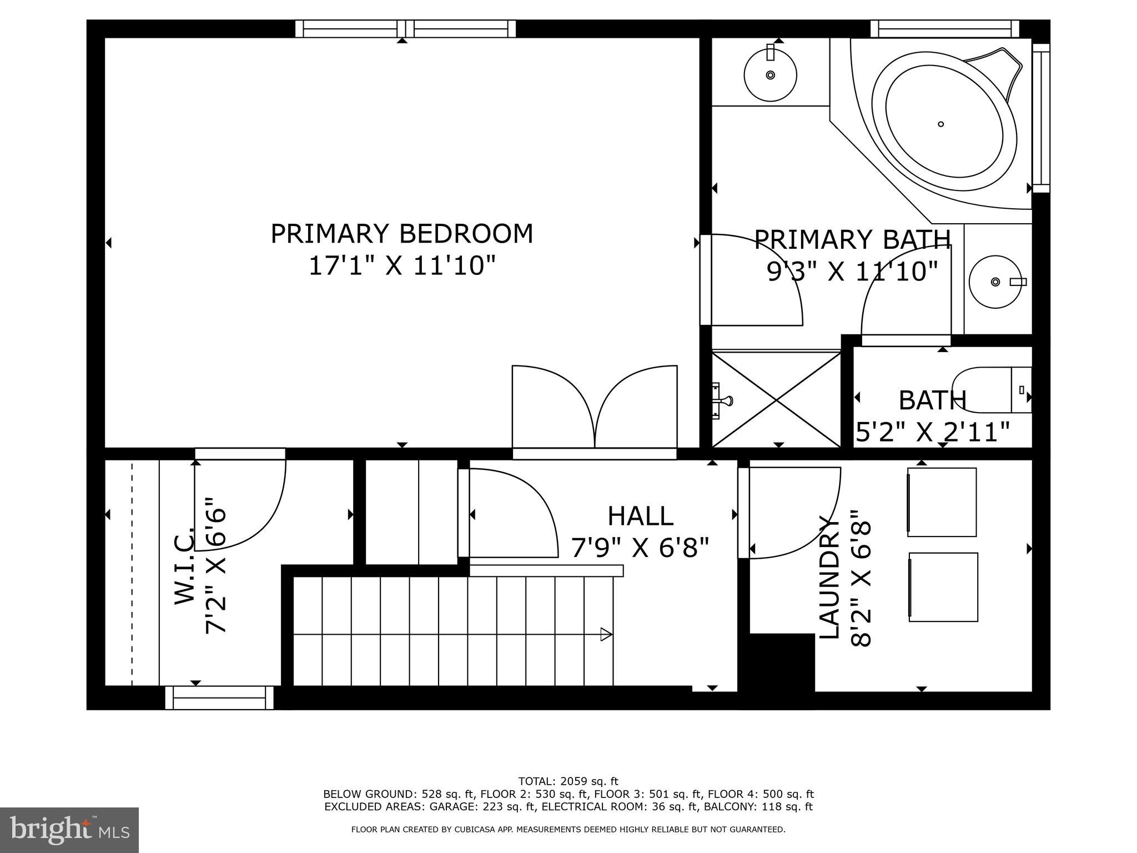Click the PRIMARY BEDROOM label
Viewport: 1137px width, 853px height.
click(401, 234)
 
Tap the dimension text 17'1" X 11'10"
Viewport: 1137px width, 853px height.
click(401, 266)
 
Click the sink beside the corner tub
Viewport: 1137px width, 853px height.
click(770, 75)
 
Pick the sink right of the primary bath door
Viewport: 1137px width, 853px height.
click(995, 282)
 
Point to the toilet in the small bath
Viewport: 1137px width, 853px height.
click(991, 390)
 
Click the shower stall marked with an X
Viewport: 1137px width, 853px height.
click(776, 399)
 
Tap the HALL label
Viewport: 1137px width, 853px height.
click(640, 516)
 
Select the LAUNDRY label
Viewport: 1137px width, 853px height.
click(829, 578)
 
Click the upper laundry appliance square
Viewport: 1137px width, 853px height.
click(942, 502)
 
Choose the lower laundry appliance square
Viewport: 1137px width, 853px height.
click(943, 587)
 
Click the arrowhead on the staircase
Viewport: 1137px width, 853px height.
click(606, 634)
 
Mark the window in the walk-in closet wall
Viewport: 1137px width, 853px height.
click(219, 698)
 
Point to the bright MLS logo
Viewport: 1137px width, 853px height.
click(69, 830)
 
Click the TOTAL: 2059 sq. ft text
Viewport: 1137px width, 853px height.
click(568, 781)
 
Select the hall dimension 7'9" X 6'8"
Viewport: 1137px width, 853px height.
click(640, 549)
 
